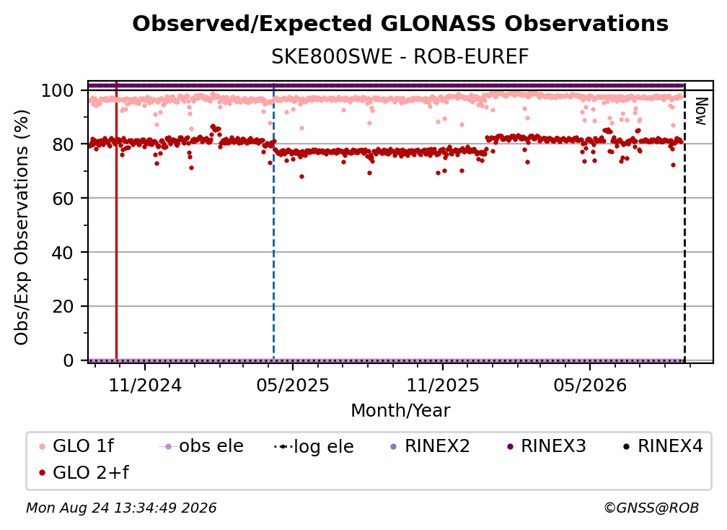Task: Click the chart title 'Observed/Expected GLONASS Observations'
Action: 400,24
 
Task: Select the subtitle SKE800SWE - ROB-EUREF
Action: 400,57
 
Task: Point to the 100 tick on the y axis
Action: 58,90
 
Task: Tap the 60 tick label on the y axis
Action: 63,199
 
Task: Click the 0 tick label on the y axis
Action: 69,360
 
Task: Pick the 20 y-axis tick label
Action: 63,306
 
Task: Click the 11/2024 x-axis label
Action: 145,385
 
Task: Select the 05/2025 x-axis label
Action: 293,385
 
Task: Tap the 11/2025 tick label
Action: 443,385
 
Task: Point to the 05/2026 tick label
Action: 590,385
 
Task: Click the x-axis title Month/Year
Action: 400,411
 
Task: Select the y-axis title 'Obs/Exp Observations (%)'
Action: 22,227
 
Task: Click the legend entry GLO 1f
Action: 76,446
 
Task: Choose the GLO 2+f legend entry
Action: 84,472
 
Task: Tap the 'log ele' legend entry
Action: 314,446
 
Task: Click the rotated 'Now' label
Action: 701,111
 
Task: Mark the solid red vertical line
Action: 116,220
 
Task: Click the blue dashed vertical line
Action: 273,222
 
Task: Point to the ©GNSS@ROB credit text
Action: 651,508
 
